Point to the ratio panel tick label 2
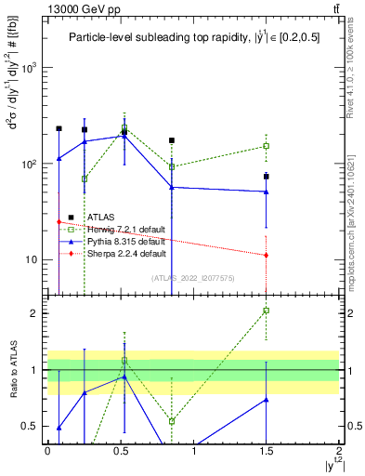[x=35, y=313]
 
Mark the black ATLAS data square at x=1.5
[x=267, y=176]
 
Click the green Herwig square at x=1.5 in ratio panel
[x=267, y=311]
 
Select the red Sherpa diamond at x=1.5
[x=267, y=255]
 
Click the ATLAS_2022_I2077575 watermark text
[x=190, y=277]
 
